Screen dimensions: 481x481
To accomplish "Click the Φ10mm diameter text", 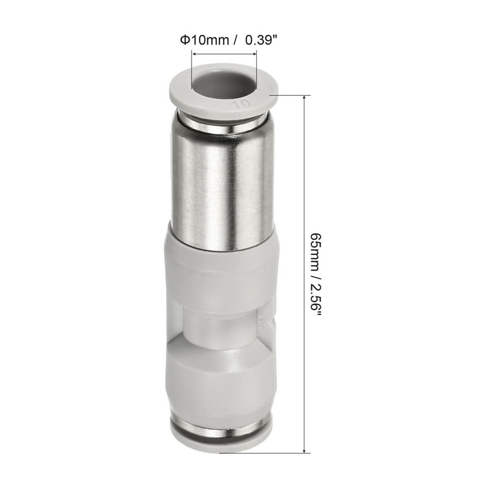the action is point(204,40).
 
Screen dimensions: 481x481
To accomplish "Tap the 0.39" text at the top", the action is point(261,40).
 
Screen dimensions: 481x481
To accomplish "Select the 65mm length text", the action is point(316,252).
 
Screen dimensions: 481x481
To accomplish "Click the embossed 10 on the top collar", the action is point(242,104).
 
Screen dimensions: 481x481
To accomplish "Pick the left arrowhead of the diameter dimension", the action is point(194,54).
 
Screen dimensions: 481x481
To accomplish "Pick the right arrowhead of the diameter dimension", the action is point(254,54).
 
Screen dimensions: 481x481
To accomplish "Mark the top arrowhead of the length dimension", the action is point(304,98).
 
